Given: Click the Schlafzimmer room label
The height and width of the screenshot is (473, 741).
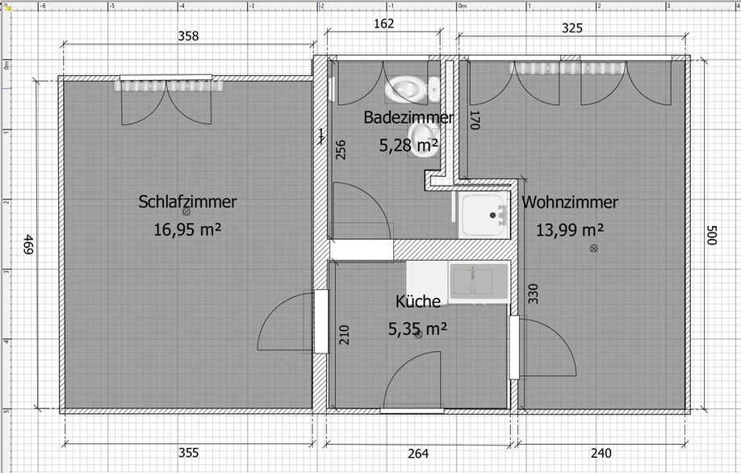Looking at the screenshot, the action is [187, 202].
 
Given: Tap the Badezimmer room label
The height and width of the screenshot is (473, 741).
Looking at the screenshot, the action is [408, 117].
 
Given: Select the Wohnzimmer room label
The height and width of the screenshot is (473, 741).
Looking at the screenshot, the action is [570, 203].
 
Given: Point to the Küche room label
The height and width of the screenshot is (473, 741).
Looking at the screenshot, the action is [418, 301].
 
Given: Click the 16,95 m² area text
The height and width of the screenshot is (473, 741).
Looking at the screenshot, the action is [187, 230].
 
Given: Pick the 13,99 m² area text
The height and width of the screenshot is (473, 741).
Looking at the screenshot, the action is [569, 230].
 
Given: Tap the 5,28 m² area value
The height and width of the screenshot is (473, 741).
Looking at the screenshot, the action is [408, 145].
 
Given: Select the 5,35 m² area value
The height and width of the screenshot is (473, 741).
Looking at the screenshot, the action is [418, 329].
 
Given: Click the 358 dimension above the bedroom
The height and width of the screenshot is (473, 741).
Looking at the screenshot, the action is [188, 36].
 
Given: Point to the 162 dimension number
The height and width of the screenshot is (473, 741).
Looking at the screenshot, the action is [383, 23].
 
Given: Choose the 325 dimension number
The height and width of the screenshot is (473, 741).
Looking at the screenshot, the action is [572, 28].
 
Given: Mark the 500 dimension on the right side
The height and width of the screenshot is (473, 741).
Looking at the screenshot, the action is [712, 235].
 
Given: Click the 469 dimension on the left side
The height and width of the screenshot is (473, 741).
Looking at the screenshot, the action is [28, 245].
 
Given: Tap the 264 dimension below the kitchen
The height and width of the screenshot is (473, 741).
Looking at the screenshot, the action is [418, 454].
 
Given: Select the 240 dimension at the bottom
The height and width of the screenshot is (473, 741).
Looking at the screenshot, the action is [601, 453].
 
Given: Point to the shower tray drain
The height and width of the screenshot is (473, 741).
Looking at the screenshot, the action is [493, 216].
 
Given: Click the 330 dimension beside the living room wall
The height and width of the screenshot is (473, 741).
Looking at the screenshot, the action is [533, 294].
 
